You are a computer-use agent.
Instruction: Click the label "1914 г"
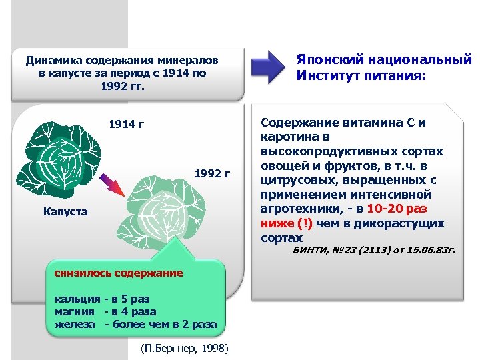(x=127, y=125)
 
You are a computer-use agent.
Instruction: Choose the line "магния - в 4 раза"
(x=105, y=311)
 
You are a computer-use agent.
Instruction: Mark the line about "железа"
(x=135, y=324)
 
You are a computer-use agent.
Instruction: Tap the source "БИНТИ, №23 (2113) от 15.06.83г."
(x=374, y=251)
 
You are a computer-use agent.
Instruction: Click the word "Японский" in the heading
(x=334, y=61)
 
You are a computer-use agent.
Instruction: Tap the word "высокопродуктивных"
(x=319, y=151)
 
